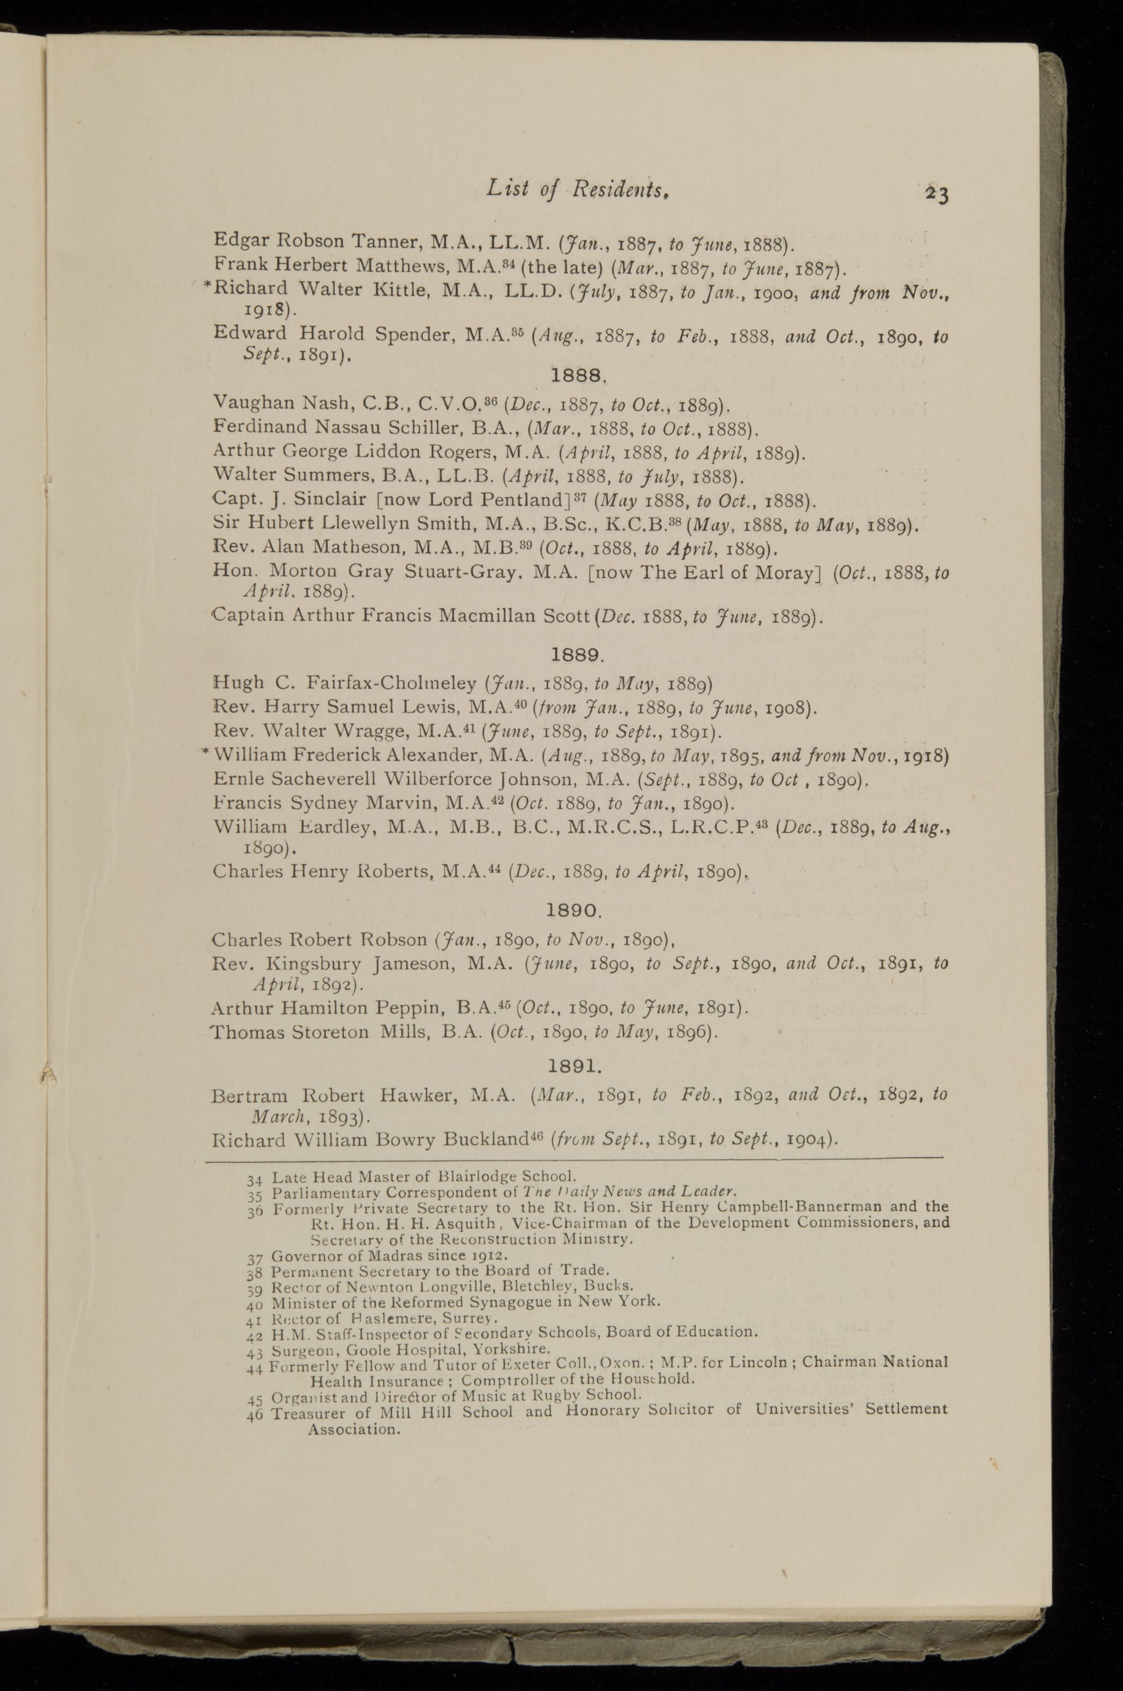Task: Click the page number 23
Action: click(x=936, y=194)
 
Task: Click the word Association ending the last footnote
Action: click(x=353, y=1430)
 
